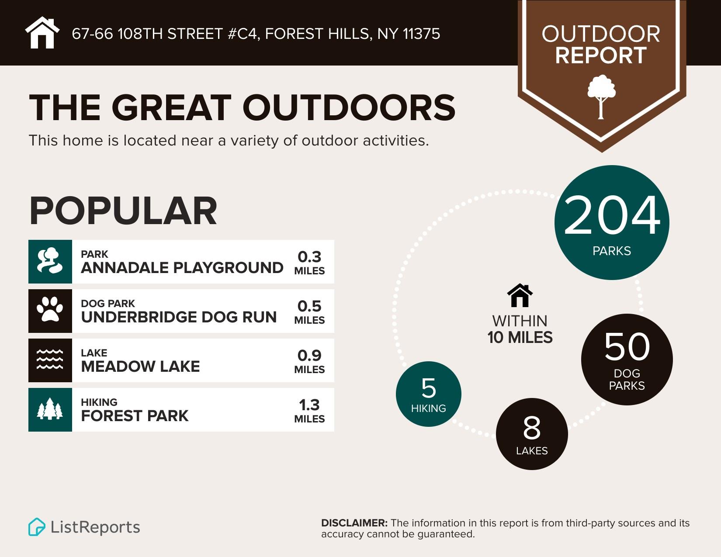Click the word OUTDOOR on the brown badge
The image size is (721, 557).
point(601,35)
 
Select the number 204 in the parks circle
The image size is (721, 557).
point(612,216)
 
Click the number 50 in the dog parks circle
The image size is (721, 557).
point(627,347)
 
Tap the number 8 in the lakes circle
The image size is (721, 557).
point(532,428)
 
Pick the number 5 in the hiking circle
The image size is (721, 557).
point(429,388)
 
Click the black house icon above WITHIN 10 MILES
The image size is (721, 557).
point(520,296)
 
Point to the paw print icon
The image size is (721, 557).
point(50,310)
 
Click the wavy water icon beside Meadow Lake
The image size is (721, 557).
point(50,360)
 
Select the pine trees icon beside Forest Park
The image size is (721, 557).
point(50,409)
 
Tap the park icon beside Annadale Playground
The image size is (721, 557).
point(50,261)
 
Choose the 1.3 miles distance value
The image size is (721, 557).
point(309,410)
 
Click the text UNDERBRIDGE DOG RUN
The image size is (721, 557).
point(179,317)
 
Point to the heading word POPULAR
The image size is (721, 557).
point(123,211)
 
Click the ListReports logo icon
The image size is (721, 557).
point(37,527)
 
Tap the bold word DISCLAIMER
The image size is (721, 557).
point(354,523)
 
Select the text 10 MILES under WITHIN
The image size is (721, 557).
point(520,338)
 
